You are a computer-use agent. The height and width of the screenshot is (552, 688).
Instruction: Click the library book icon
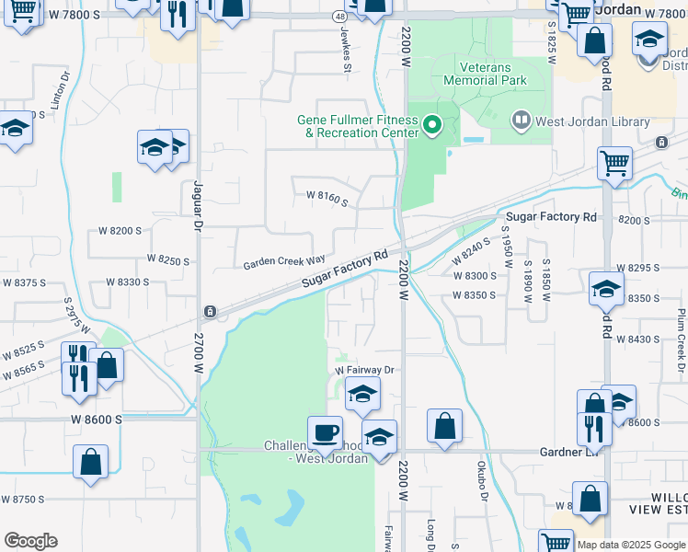click(x=522, y=121)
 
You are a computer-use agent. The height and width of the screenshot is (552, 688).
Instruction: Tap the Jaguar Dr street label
click(x=196, y=204)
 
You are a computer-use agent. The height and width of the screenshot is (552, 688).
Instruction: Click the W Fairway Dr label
click(x=363, y=370)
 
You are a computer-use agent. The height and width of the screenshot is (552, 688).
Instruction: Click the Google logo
click(x=30, y=541)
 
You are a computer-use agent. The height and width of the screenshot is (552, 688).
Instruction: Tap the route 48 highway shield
click(x=340, y=17)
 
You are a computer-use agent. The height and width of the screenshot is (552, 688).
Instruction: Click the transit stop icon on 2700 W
click(x=210, y=311)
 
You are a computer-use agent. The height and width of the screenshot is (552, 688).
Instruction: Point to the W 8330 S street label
click(x=128, y=282)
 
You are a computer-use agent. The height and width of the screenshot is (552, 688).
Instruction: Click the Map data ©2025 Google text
click(x=631, y=545)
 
